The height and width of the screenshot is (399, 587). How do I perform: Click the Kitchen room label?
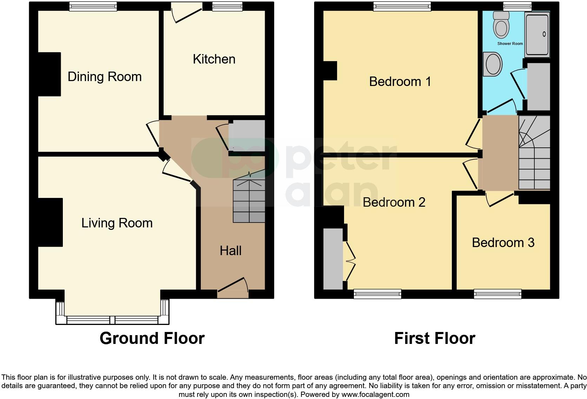[x=214, y=59]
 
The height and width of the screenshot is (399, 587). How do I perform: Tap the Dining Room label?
[x=105, y=77]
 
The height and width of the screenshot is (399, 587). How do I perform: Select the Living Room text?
[x=117, y=223]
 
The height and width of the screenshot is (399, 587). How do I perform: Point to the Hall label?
[x=231, y=251]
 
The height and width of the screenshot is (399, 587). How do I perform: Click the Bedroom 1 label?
[x=400, y=82]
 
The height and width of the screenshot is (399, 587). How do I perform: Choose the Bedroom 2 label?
[x=394, y=202]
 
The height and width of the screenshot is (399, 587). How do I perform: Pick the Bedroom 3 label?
[x=503, y=242]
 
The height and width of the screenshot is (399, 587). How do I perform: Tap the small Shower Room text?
[x=510, y=44]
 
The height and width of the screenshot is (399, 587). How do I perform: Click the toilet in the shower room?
[x=501, y=25]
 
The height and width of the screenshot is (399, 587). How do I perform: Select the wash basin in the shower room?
[x=492, y=64]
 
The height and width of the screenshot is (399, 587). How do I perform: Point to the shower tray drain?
[x=544, y=34]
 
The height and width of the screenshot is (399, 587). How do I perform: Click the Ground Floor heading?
[x=152, y=338]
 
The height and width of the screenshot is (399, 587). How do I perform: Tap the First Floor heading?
[x=435, y=338]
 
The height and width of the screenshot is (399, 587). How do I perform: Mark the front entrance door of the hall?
[x=232, y=286]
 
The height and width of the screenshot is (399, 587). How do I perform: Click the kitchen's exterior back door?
[x=187, y=13]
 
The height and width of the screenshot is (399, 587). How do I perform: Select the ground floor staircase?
[x=249, y=201]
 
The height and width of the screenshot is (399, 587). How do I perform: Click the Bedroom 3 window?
[x=497, y=294]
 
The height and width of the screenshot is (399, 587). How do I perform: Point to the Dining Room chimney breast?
[x=49, y=74]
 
